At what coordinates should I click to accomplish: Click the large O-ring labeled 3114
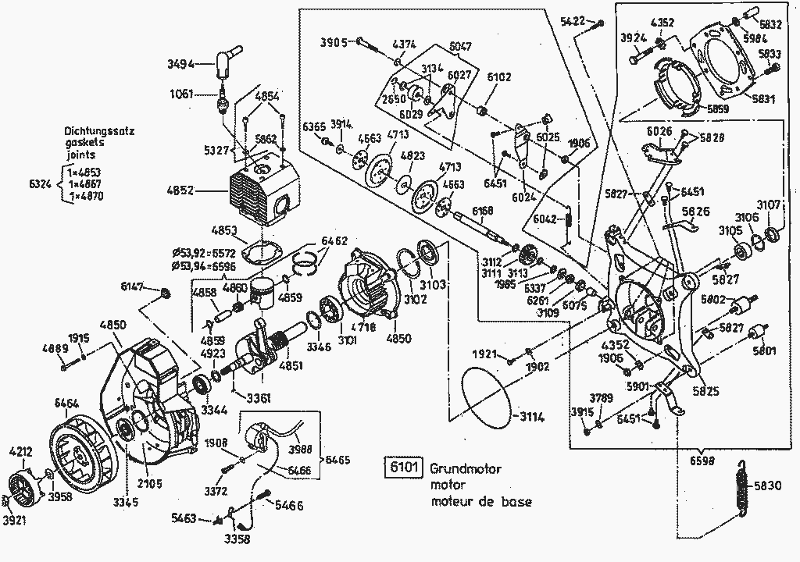[x=484, y=398]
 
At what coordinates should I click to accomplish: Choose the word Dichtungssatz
[x=99, y=132]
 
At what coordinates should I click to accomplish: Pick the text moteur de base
[x=481, y=501]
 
